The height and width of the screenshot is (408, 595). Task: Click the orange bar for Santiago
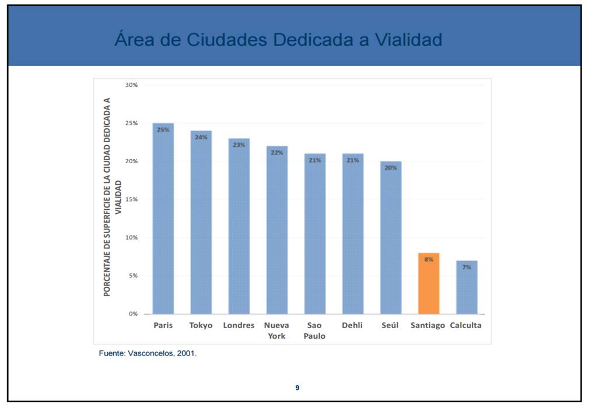(x=429, y=284)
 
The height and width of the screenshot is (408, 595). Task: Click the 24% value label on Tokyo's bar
(x=201, y=138)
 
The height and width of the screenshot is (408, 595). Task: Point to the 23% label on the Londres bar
(x=239, y=145)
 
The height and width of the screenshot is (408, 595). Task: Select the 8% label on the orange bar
(x=429, y=259)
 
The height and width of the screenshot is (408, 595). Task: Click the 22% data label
(x=277, y=153)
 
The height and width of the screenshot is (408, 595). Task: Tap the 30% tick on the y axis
(x=131, y=85)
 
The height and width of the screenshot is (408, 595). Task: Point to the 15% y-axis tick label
(x=131, y=199)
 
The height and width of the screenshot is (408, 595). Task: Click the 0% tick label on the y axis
(x=133, y=314)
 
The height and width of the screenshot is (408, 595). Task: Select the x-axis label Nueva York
(x=276, y=330)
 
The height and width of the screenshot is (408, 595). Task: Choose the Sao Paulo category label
(x=314, y=330)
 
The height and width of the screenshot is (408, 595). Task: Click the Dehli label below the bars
(x=352, y=325)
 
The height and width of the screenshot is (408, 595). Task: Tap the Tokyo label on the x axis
(x=201, y=325)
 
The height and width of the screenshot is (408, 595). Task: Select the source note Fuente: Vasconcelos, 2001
(x=148, y=353)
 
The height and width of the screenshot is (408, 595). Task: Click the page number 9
(x=297, y=388)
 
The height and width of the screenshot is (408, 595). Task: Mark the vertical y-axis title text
(x=113, y=197)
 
